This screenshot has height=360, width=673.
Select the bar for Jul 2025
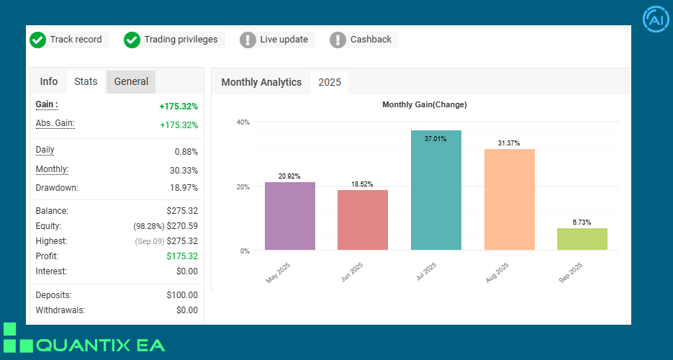tap(435, 190)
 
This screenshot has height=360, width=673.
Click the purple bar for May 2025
tap(289, 216)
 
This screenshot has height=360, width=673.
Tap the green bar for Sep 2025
tap(582, 239)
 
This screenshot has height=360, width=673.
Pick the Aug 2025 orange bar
tap(509, 199)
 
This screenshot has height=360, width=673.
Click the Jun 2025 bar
tap(363, 220)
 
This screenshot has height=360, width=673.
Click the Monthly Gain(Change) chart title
tap(424, 105)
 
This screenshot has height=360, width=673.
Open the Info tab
tap(49, 82)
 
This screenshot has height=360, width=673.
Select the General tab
tap(131, 82)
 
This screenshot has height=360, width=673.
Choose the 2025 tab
tap(330, 83)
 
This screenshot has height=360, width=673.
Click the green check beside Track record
tap(38, 40)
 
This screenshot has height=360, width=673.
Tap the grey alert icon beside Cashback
tap(338, 40)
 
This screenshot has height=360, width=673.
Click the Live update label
tap(284, 40)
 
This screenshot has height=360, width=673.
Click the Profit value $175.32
tap(182, 256)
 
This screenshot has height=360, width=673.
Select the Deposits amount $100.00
tap(181, 295)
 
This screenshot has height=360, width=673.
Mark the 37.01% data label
tap(435, 139)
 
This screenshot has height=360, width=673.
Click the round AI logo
tap(656, 20)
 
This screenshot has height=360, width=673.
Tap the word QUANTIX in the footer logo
tap(79, 346)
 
